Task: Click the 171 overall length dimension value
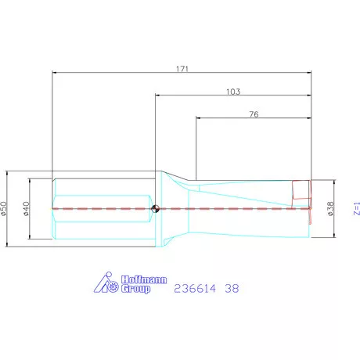[x=182, y=69]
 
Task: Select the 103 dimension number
[x=232, y=92]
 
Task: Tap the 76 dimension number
[x=254, y=114]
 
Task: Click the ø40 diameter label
[x=27, y=209]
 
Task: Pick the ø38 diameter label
[x=329, y=208]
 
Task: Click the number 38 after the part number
[x=232, y=288]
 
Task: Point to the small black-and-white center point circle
[x=156, y=208]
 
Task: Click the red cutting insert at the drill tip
[x=301, y=190]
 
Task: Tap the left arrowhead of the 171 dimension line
[x=56, y=74]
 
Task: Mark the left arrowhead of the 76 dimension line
[x=199, y=119]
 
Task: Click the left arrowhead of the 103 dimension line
[x=159, y=96]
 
